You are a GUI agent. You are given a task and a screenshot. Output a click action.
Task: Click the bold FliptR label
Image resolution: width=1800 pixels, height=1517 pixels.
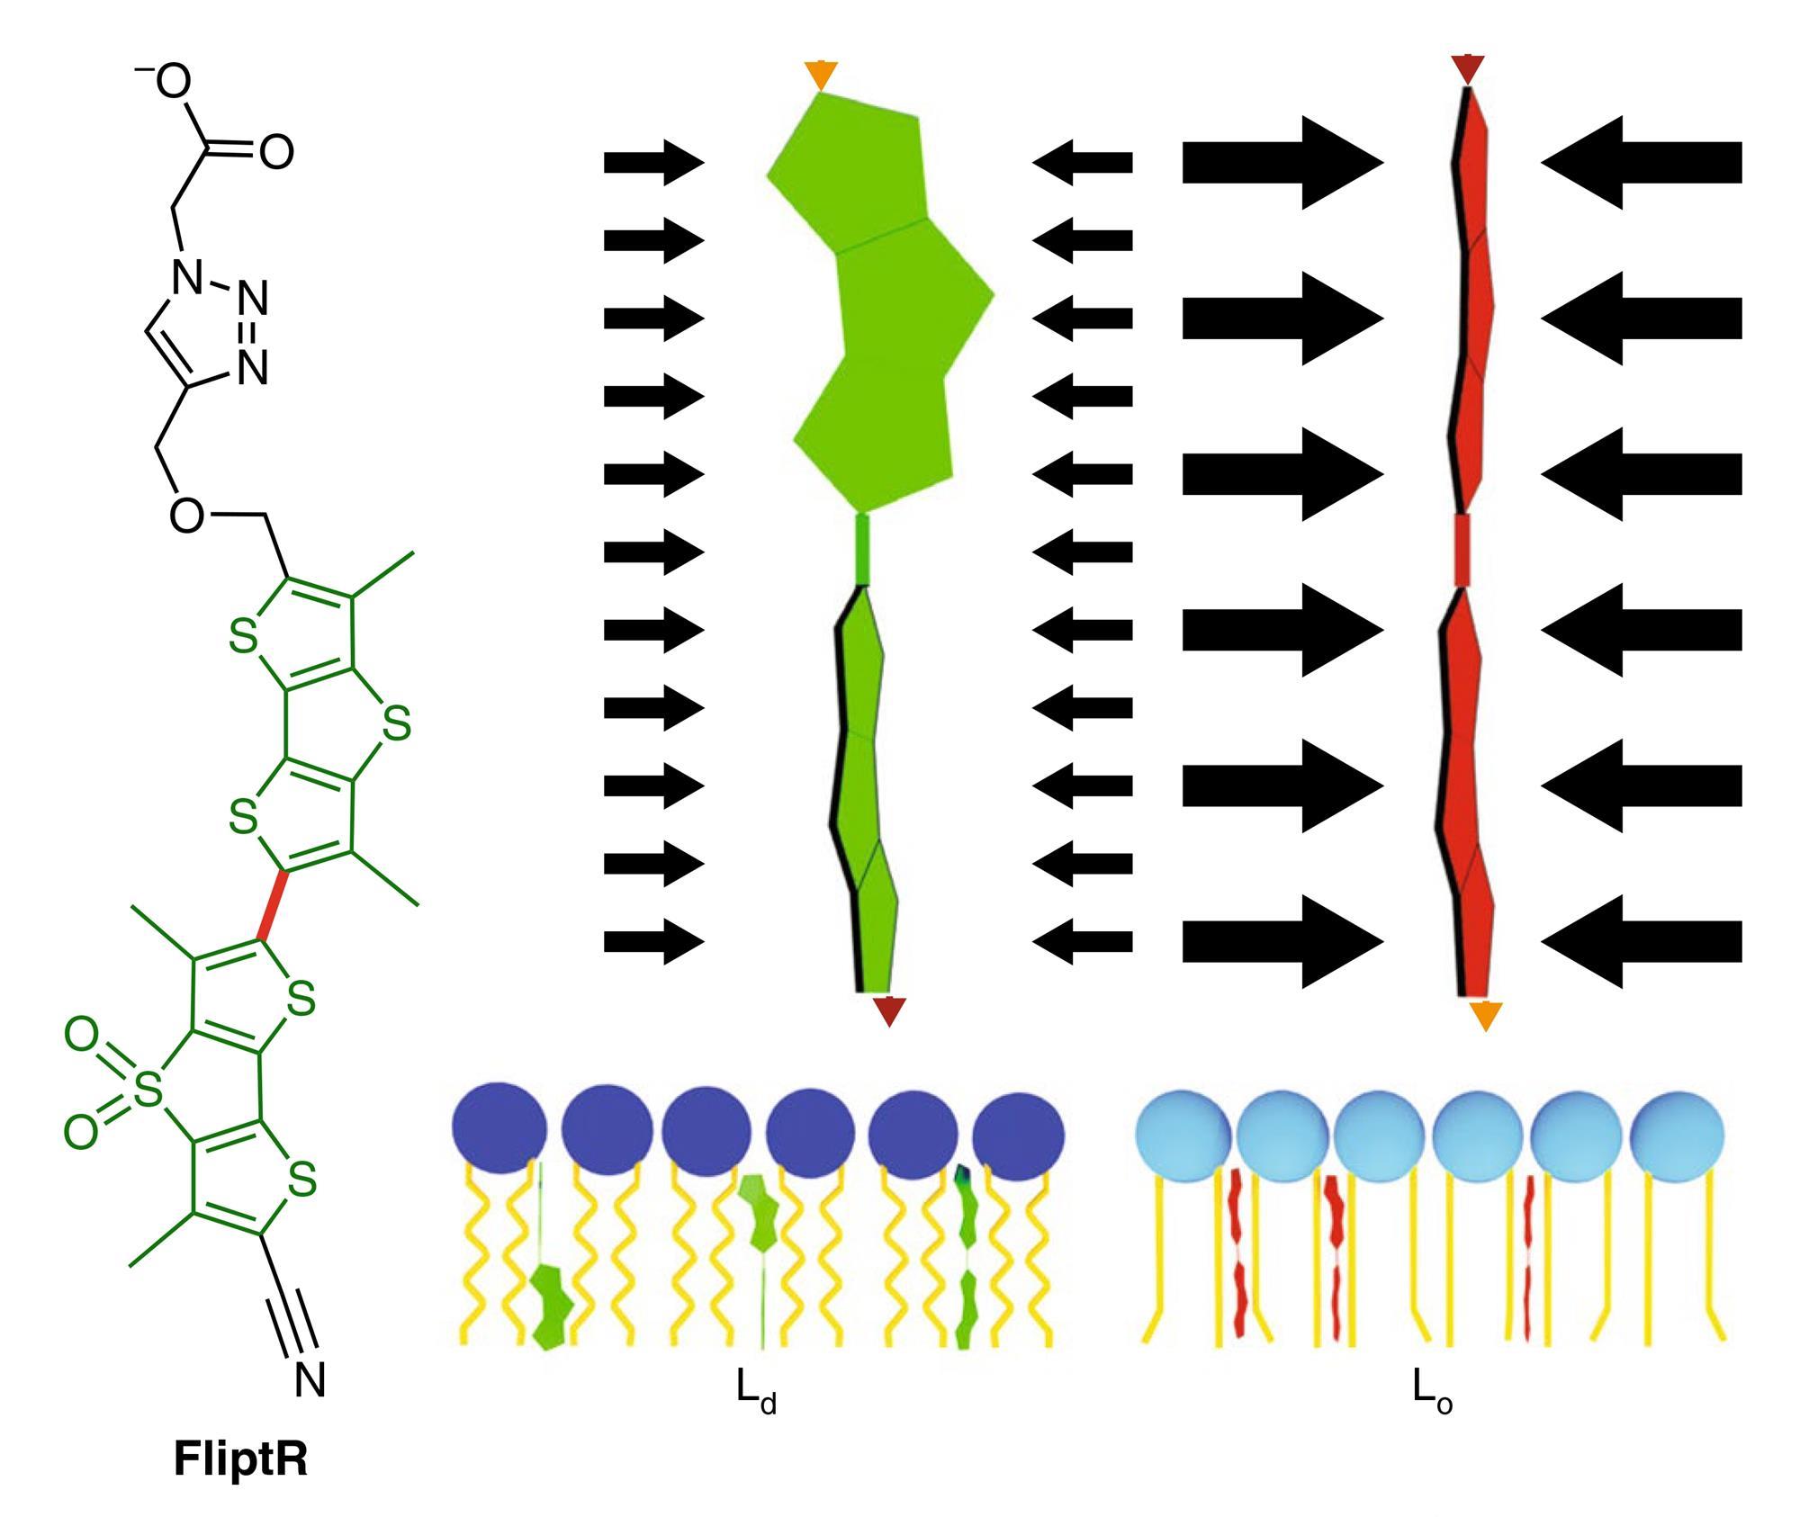[240, 1459]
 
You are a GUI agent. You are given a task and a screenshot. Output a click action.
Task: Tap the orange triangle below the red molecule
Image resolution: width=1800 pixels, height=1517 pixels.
[1485, 1015]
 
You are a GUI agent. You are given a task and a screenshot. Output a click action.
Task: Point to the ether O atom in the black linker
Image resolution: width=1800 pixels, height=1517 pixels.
[186, 515]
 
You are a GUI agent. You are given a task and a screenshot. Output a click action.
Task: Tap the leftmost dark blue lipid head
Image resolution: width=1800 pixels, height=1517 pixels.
[499, 1128]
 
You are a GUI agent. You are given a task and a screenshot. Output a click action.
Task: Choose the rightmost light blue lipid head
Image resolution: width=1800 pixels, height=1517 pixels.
[1678, 1132]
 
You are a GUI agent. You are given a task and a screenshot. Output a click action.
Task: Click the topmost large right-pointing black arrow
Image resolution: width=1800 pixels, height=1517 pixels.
[1282, 163]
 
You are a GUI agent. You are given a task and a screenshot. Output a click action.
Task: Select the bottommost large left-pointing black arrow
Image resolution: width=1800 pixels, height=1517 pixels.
[1642, 942]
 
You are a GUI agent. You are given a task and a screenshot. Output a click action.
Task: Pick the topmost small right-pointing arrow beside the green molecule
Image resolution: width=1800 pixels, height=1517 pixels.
[653, 163]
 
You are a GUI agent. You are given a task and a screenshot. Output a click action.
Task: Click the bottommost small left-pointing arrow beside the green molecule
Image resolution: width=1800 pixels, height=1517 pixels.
[1082, 942]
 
